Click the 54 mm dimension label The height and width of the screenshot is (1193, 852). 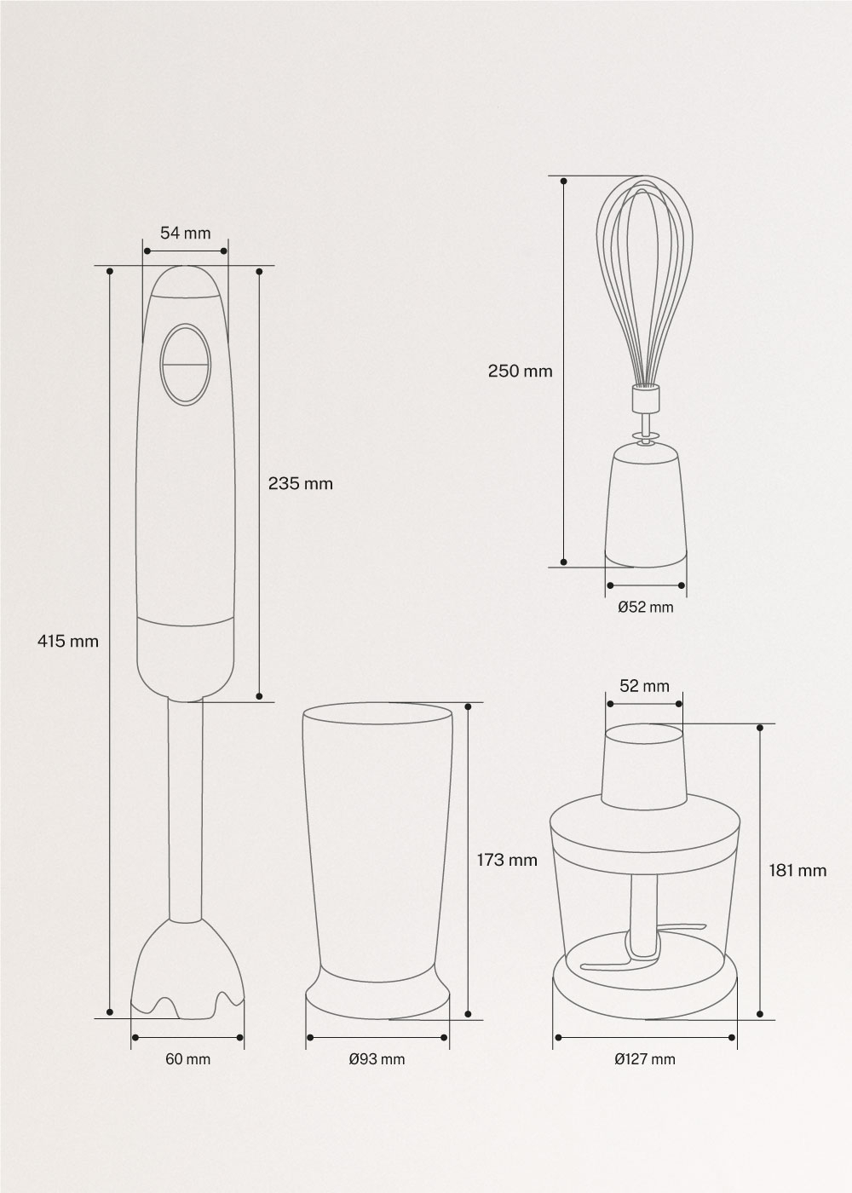coord(186,233)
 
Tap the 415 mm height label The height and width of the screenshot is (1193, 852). coord(68,641)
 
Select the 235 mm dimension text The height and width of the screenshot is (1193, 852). coord(300,484)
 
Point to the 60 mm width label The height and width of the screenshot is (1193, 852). coord(187,1074)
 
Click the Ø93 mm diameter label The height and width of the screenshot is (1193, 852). coord(377,1074)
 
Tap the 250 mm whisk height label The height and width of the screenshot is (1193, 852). coord(521,371)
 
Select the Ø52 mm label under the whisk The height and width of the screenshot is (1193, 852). coord(646,607)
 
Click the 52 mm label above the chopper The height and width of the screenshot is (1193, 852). coord(644,685)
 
